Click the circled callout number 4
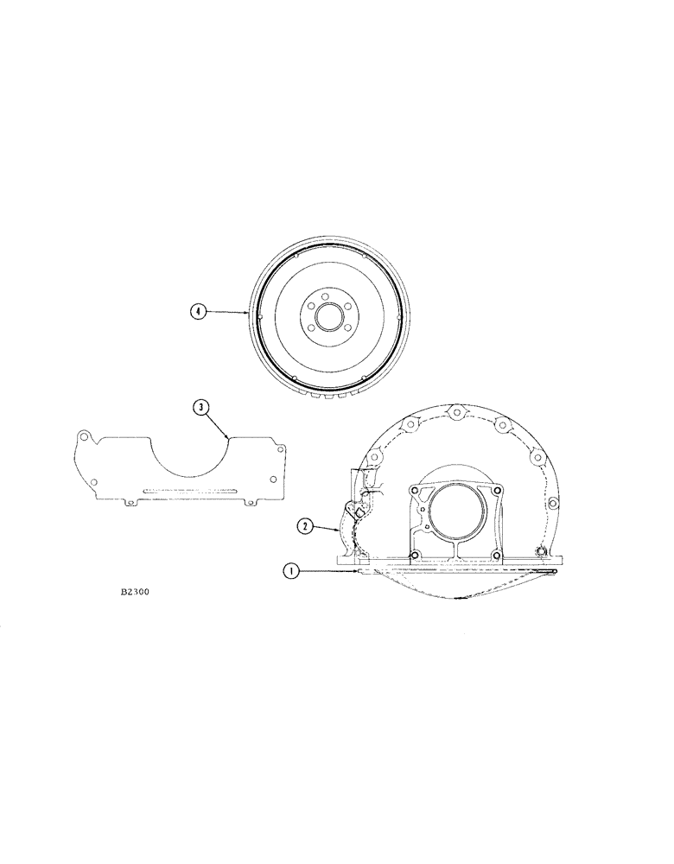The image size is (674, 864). (x=198, y=311)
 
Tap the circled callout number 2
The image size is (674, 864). (x=305, y=524)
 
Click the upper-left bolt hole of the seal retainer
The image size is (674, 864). (x=416, y=492)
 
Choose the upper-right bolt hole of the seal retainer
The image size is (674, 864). (x=497, y=492)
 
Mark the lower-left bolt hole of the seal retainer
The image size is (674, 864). (x=416, y=555)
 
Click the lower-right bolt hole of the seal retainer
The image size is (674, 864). (x=497, y=555)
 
